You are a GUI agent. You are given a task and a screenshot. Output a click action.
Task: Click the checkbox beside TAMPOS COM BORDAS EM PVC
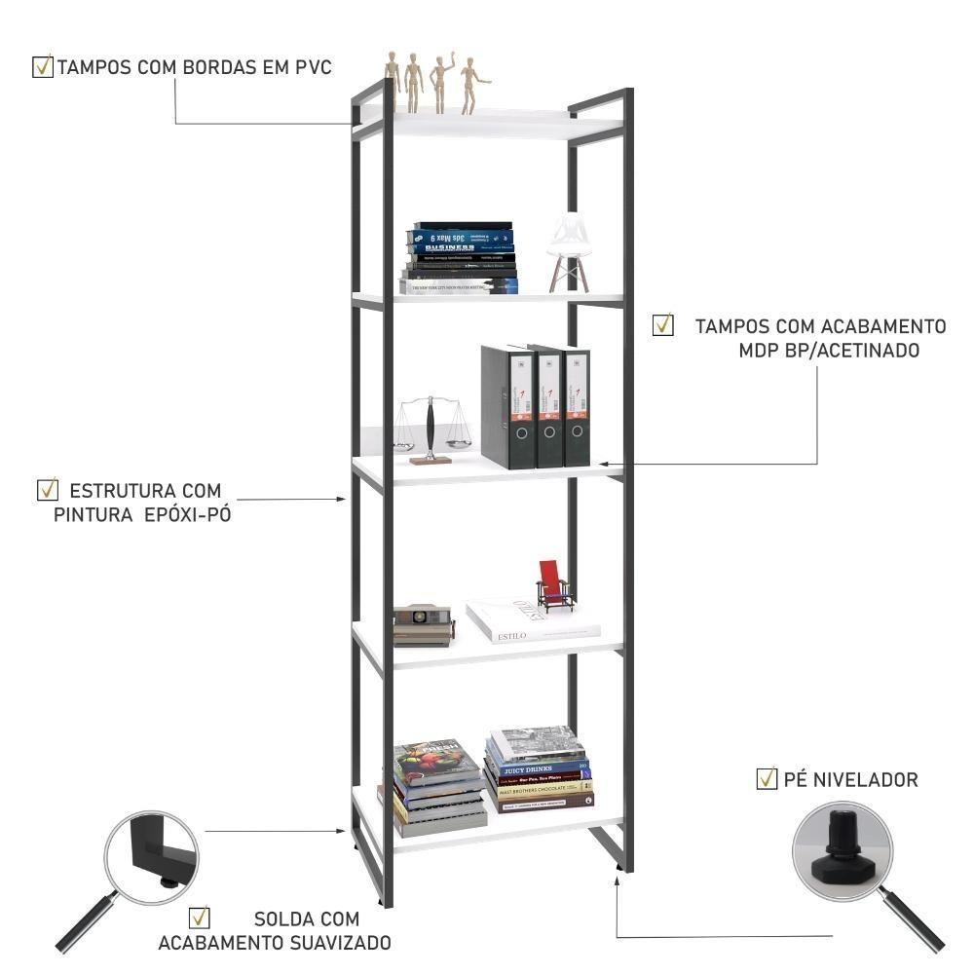tap(43, 66)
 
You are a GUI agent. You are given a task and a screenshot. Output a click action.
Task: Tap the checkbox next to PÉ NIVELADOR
tap(767, 778)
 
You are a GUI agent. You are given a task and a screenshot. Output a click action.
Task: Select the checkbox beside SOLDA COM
tap(200, 918)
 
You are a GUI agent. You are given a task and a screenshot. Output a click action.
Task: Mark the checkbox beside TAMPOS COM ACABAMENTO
tap(662, 324)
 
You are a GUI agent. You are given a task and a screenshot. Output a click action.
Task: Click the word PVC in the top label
tap(314, 67)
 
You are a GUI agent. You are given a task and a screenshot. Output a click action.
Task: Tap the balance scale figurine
tap(429, 429)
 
